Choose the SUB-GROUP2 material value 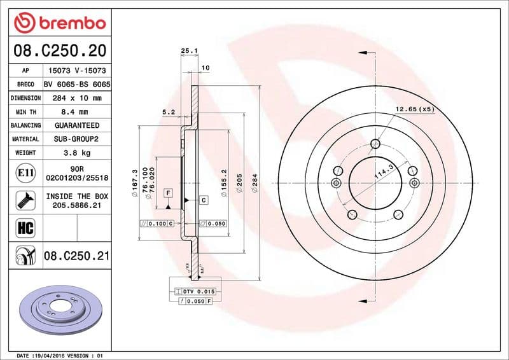[77, 139]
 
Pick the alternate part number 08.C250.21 [77, 256]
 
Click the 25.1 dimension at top [186, 51]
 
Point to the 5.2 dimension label [169, 112]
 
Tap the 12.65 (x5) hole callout [414, 109]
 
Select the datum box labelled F [169, 192]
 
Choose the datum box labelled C [204, 200]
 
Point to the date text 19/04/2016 [64, 355]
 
